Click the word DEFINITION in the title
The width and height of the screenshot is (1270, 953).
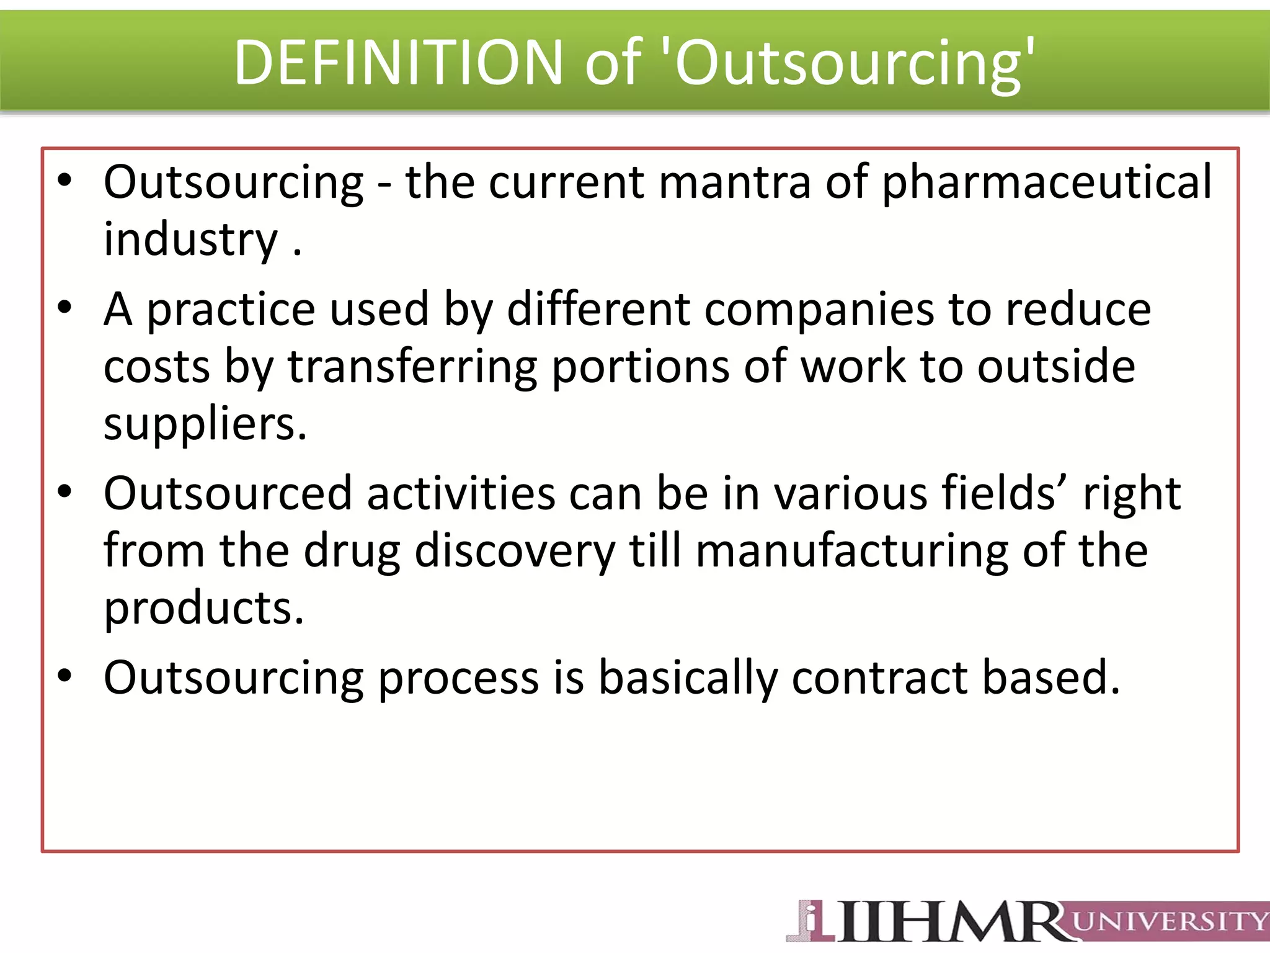pos(397,62)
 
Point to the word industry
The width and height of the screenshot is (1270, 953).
pos(190,239)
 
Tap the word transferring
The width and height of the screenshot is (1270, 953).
pos(412,367)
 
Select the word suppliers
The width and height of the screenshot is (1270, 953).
pos(205,424)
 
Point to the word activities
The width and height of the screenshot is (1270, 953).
pos(461,493)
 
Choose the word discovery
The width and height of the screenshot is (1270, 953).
pos(515,551)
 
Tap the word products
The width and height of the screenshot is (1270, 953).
pos(203,608)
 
